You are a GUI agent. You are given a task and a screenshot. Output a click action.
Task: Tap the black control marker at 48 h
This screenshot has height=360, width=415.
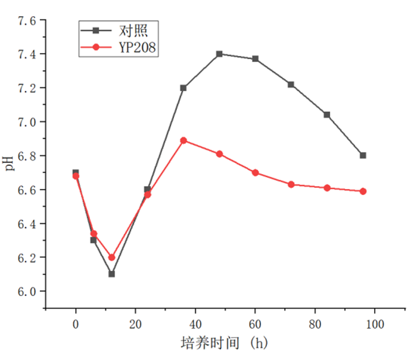click(x=220, y=54)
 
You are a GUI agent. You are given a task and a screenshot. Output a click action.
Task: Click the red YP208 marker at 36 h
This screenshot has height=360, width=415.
click(x=184, y=140)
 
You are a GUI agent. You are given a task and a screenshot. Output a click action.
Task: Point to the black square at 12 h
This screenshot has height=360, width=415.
click(x=112, y=274)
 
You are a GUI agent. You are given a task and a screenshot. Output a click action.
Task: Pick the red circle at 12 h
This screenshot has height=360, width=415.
click(x=112, y=257)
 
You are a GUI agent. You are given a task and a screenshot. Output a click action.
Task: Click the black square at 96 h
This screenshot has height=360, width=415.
click(x=363, y=156)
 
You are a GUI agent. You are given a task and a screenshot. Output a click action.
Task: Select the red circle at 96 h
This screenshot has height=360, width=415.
click(x=363, y=191)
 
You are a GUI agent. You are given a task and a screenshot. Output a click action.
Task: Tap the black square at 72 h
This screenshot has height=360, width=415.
click(x=291, y=85)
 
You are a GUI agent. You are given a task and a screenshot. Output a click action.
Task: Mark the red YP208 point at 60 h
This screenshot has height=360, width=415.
click(x=255, y=173)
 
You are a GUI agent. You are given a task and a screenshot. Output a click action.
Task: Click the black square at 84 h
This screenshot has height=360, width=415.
click(x=327, y=115)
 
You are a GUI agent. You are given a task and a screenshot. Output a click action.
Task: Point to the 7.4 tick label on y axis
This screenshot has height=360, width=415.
click(x=27, y=54)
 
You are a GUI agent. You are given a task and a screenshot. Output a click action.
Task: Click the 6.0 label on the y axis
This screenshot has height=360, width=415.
click(x=27, y=291)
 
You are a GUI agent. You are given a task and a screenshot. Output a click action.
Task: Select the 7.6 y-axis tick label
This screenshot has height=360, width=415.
click(x=27, y=21)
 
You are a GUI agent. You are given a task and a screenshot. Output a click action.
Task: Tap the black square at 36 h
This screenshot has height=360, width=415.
click(x=184, y=88)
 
